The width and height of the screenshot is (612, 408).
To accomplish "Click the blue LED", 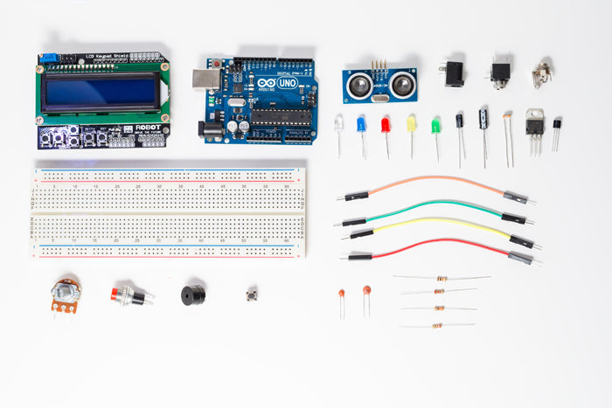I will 361,125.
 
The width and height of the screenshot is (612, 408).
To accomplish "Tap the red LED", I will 386,125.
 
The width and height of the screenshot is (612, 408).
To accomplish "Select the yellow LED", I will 411,124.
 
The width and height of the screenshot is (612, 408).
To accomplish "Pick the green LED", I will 435,125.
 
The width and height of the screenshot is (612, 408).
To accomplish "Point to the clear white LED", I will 338,124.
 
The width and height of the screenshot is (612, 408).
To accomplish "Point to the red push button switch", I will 123,294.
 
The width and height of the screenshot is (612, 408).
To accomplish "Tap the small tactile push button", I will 253,293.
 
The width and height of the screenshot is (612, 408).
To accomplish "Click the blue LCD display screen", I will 100,92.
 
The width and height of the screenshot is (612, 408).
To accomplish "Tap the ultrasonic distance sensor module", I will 379,84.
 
